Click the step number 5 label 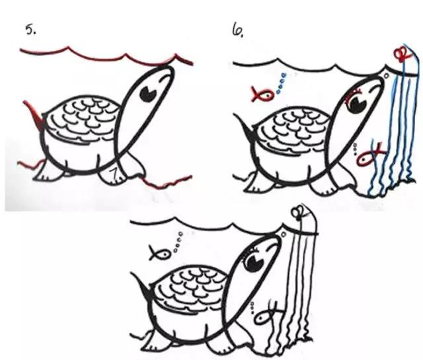coord(30,29)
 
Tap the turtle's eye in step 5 coord(148,94)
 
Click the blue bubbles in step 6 coord(281,83)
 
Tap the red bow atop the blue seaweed coord(401,54)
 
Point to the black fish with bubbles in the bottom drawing coord(159,253)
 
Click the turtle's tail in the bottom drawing coord(141,285)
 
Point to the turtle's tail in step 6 coord(243,127)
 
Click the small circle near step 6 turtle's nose coord(386,77)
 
